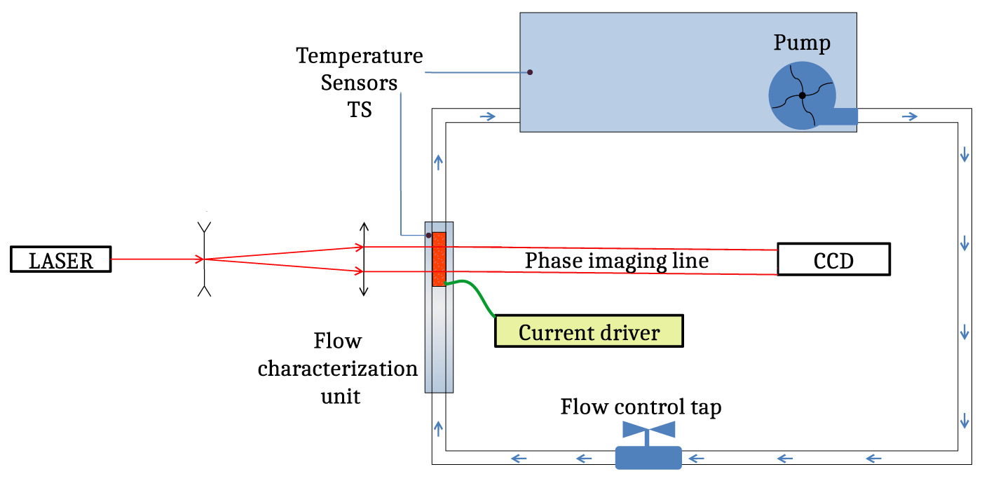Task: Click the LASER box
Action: (60, 259)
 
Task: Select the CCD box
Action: (833, 259)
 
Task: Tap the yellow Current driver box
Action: (588, 331)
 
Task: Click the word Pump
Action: (802, 43)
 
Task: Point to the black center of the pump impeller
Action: (803, 95)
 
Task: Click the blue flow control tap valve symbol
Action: (648, 446)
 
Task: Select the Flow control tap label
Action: (641, 407)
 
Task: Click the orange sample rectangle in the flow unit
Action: (439, 259)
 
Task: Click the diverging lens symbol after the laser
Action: (204, 259)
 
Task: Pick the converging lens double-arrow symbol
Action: (363, 259)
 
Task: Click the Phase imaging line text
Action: (617, 261)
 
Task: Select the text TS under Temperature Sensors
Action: (360, 110)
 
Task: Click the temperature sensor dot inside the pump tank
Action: (530, 72)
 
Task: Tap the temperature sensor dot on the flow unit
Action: (428, 236)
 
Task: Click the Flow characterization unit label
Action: (337, 369)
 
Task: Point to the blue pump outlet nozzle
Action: (838, 116)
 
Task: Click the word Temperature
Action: (360, 55)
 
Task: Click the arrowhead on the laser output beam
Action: (199, 259)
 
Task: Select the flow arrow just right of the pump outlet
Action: (909, 116)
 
